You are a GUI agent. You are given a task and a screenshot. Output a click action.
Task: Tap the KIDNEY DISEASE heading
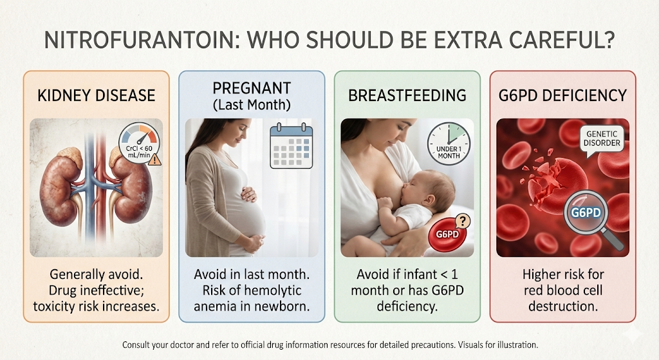[x=97, y=95]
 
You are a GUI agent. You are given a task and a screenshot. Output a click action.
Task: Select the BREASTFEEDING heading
[x=407, y=95]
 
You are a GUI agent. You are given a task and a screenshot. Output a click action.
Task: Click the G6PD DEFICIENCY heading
[x=562, y=95]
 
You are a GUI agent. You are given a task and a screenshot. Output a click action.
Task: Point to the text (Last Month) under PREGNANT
[x=252, y=105]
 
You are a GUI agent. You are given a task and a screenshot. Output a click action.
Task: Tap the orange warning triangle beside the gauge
[x=154, y=159]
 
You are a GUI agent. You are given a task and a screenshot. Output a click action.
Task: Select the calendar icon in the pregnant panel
[x=292, y=147]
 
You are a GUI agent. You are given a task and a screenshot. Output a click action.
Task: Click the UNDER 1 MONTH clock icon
[x=449, y=144]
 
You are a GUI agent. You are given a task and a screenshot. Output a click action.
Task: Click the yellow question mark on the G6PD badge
[x=463, y=221]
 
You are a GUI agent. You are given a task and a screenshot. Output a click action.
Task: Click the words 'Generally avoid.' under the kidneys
[x=97, y=274]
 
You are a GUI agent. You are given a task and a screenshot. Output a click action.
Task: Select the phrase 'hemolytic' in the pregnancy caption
[x=273, y=290]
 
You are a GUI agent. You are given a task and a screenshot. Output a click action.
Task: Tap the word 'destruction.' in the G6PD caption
[x=562, y=306]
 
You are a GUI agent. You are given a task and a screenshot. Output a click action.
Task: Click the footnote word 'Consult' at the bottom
[x=136, y=345]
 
